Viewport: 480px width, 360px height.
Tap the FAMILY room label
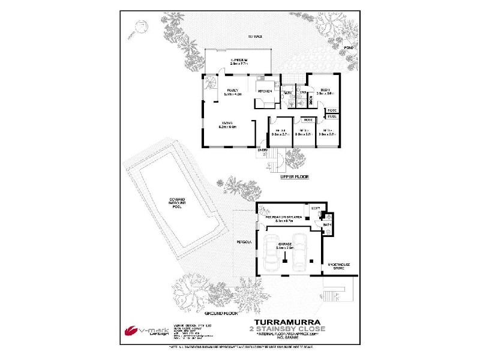232,90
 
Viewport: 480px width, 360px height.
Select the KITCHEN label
266,91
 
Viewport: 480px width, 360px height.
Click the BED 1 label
326,88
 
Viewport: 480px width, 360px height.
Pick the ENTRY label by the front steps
263,149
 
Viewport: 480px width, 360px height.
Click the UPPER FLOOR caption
295,178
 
